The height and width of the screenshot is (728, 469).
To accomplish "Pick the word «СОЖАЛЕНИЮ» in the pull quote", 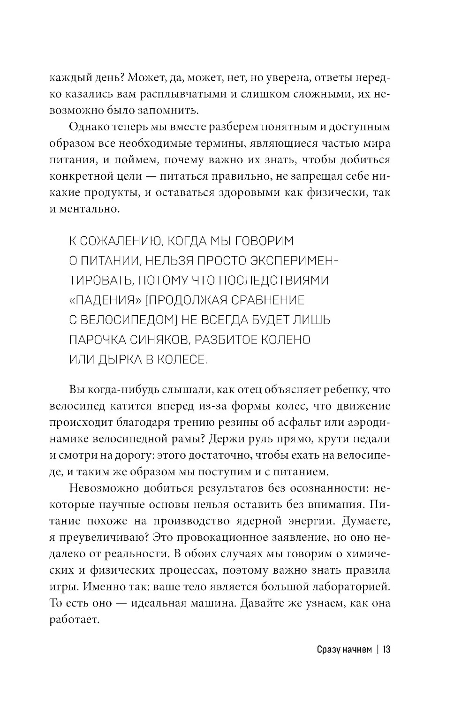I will click(x=116, y=241).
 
